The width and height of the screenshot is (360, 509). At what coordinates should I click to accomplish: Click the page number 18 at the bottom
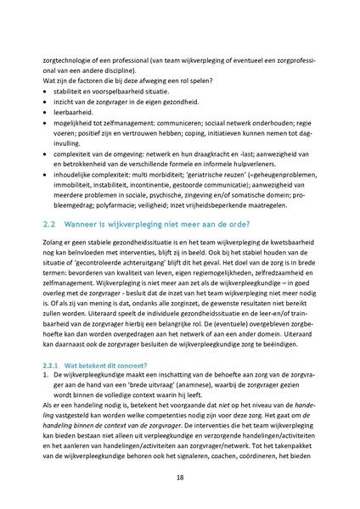click(x=180, y=478)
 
